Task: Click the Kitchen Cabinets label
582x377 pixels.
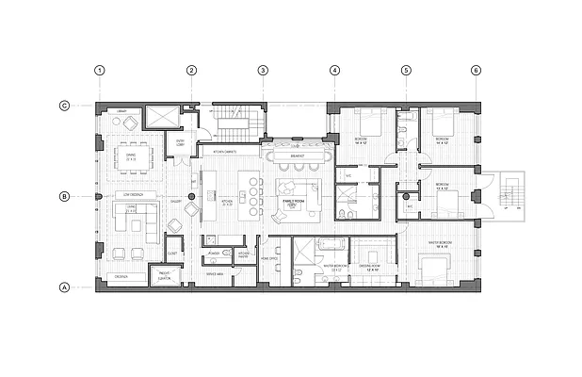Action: coord(229,151)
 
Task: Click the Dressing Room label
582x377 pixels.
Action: coord(370,266)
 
